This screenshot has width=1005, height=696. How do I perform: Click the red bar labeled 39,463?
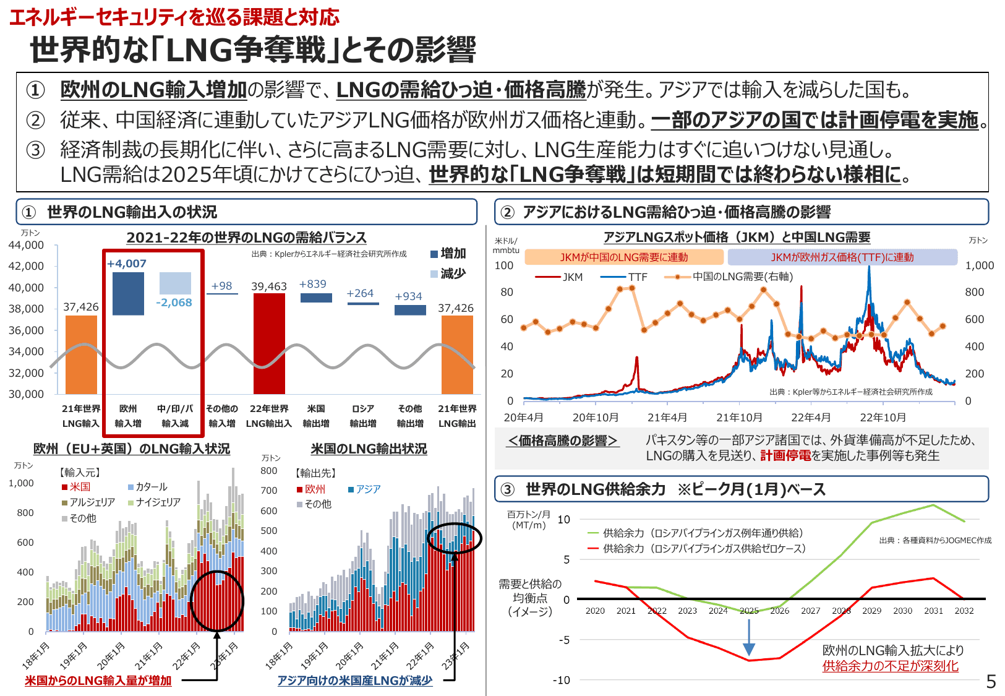269,343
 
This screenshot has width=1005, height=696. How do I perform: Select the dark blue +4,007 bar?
128,293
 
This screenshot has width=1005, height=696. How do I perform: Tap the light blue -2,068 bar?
175,283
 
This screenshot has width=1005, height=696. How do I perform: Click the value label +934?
409,296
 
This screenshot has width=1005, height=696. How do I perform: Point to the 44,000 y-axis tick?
26,245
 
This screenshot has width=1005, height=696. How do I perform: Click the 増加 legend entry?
448,254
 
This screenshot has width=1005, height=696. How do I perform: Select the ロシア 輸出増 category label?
363,416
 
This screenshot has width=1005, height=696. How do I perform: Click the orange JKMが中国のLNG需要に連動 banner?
623,257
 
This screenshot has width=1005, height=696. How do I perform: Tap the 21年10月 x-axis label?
739,418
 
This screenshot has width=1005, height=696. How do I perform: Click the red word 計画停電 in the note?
785,456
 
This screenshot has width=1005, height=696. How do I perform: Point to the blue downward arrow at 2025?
749,637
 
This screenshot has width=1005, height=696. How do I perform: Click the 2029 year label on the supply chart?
871,611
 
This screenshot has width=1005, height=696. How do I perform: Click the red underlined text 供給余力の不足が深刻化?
890,666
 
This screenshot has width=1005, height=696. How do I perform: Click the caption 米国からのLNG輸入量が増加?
98,681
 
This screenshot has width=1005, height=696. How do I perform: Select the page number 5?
991,682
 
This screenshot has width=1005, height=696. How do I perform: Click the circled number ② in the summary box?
35,120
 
